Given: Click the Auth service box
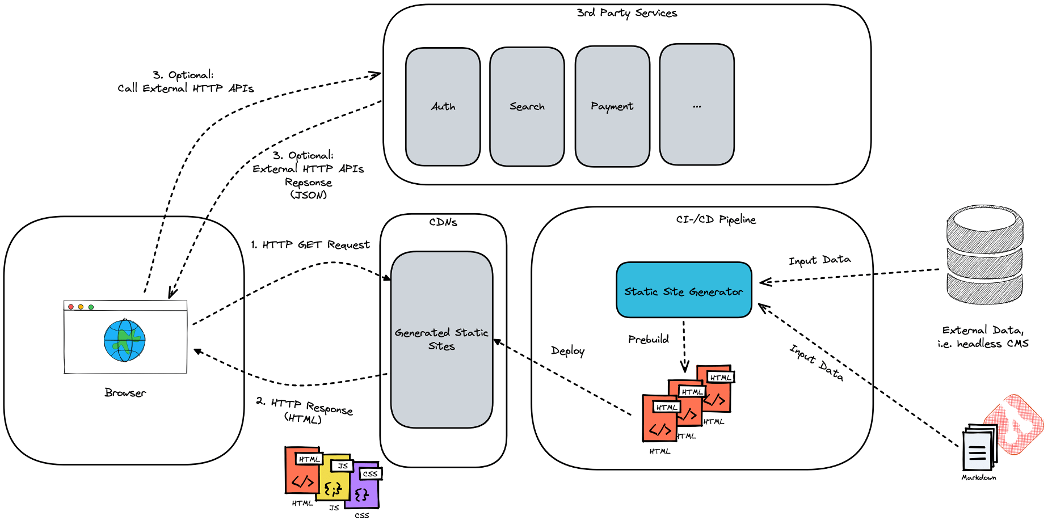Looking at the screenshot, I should pos(443,107).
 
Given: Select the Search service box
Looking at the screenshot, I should pos(527,107).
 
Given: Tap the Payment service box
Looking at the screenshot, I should pos(612,107).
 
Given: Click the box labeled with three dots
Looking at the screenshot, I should pos(696,105).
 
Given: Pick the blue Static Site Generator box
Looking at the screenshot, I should pos(683,290).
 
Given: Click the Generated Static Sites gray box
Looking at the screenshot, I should pos(441,339).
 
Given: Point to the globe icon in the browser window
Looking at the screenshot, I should pos(125,340).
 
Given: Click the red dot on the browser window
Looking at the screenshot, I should pos(71,307).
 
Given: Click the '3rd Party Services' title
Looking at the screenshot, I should pos(626,13).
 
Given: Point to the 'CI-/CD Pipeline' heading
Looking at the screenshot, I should pos(716,219).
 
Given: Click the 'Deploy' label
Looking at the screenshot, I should pos(567,351).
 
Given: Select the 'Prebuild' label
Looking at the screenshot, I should pos(648,340).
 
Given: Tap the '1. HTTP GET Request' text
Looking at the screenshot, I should pos(310,245).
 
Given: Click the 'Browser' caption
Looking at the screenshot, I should pos(125,393).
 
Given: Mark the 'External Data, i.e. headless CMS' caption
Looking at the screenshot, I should pos(983,337).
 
